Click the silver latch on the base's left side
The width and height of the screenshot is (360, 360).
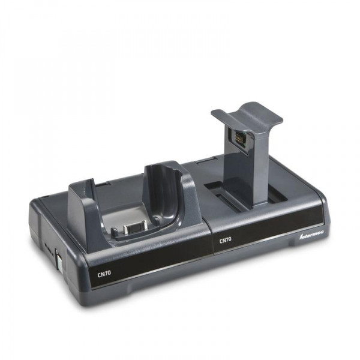(x=59, y=260)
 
